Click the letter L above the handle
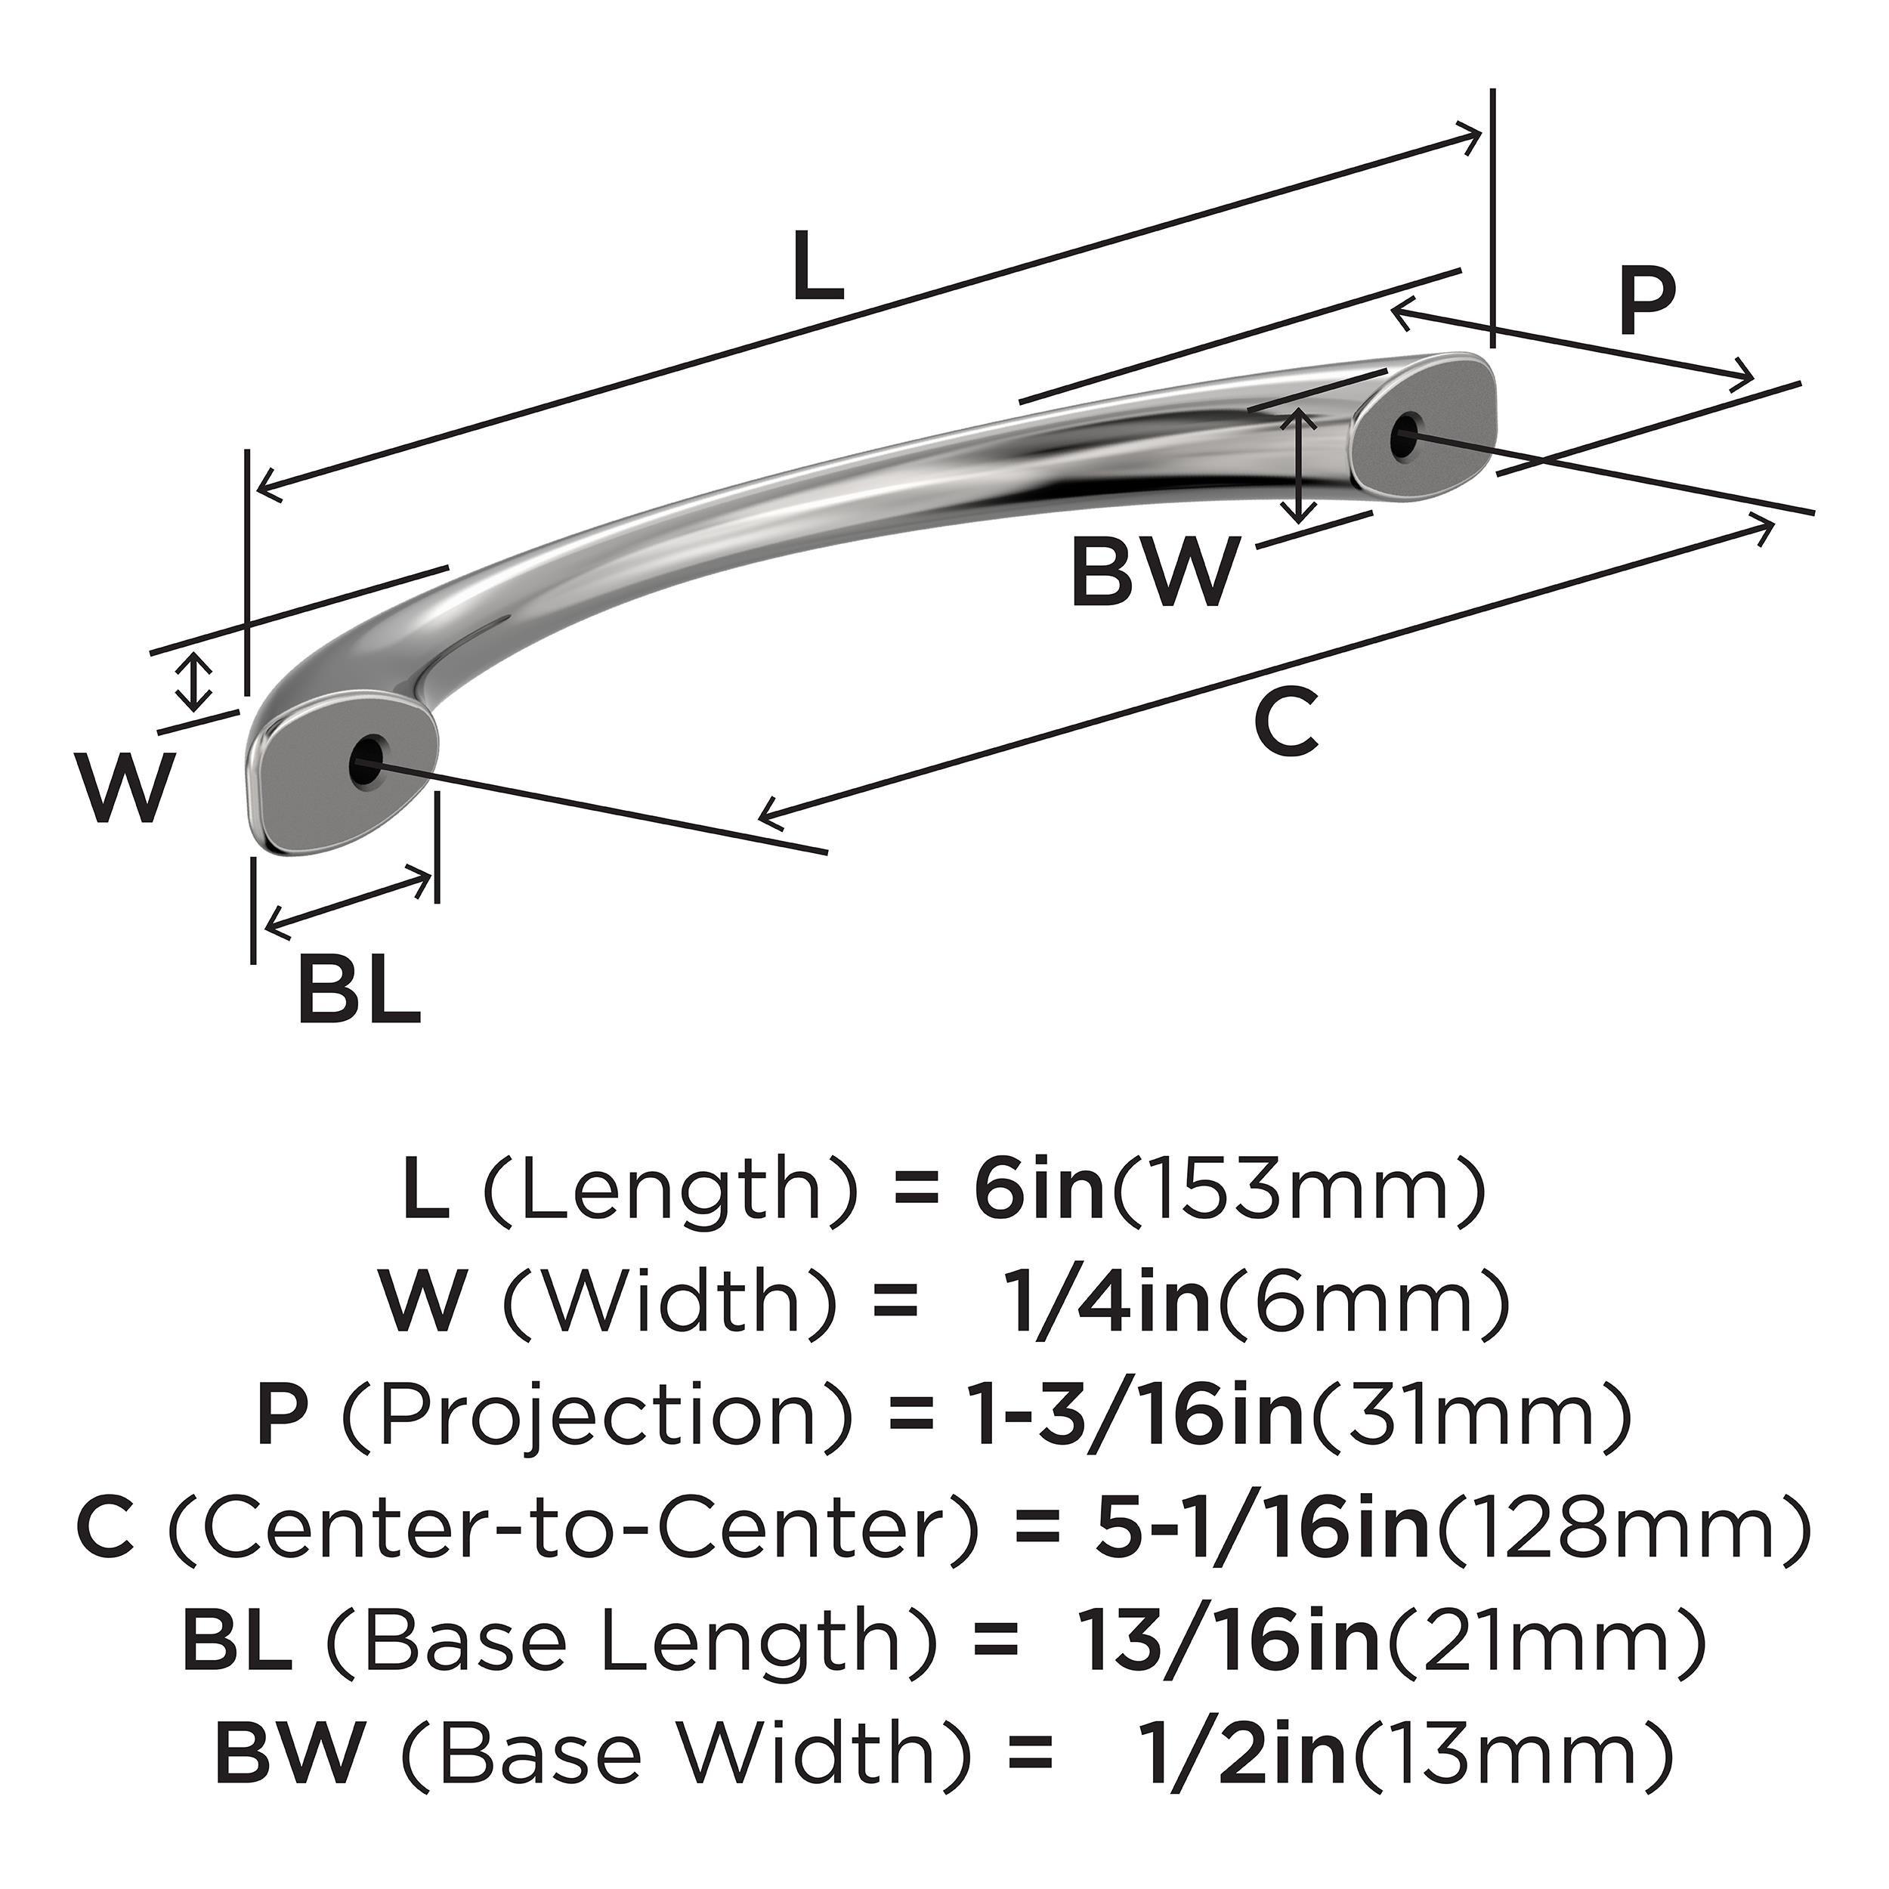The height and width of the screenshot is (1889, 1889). [818, 266]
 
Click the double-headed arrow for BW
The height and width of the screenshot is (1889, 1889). [1297, 465]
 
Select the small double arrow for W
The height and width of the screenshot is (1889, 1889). [196, 682]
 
